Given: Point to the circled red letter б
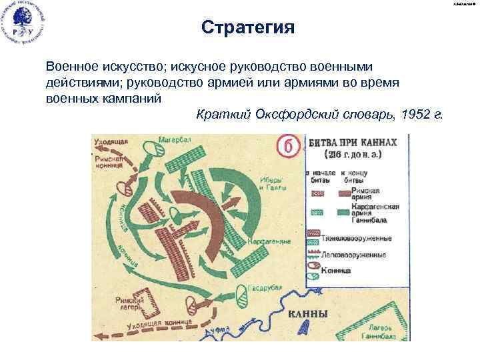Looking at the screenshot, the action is (287, 146).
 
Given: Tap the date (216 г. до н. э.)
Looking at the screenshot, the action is (353, 155).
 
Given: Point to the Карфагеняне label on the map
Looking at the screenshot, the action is (266, 240).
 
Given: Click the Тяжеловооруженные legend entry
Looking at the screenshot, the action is (353, 238).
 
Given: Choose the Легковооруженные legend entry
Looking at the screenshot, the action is (353, 255).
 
